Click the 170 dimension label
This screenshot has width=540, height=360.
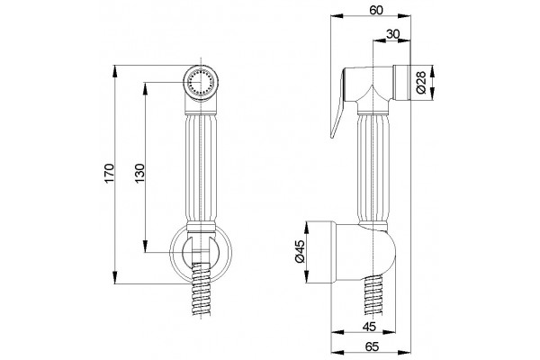coord(109,174)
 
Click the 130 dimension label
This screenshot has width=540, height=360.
coord(139,174)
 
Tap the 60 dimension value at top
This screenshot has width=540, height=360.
coord(376,10)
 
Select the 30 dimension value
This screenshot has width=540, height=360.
coord(392,34)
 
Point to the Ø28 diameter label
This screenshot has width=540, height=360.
coord(421,83)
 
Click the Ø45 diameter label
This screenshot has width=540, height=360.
coord(300,251)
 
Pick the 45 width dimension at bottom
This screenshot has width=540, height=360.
coord(369,326)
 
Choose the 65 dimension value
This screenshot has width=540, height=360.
coord(372,346)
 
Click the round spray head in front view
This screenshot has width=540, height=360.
coord(201,83)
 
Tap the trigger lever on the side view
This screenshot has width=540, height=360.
coord(337,103)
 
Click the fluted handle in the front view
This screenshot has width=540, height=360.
coord(201,169)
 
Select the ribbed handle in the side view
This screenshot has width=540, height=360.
coord(373,169)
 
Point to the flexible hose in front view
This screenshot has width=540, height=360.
coord(201,290)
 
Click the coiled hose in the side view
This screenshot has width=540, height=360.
coord(373,295)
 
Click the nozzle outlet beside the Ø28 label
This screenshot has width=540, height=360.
coord(401,83)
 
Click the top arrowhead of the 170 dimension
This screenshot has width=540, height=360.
coord(114,71)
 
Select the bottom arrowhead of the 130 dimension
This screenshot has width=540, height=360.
coord(145,246)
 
